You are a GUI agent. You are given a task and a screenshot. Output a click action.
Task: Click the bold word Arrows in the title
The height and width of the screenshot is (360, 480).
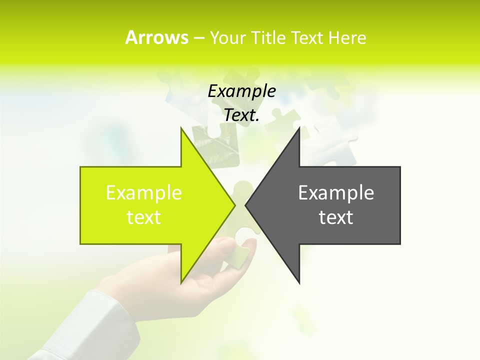tap(156, 37)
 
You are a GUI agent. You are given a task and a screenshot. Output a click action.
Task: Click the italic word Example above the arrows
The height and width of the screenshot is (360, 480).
tap(241, 91)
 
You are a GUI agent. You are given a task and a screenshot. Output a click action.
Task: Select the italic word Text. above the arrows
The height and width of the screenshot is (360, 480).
tap(241, 115)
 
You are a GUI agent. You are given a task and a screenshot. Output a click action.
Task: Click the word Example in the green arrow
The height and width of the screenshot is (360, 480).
tap(144, 192)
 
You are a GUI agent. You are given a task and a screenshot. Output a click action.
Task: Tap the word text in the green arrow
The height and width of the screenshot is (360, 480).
tap(144, 217)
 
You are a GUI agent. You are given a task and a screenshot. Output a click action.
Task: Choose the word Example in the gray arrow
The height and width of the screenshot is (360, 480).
tap(336, 192)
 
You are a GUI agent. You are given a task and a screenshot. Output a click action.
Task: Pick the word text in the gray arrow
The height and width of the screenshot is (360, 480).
tap(336, 217)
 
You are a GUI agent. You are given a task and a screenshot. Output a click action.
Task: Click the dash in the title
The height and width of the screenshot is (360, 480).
tap(198, 38)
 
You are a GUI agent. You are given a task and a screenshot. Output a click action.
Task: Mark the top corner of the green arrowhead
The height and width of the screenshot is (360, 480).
tap(181, 128)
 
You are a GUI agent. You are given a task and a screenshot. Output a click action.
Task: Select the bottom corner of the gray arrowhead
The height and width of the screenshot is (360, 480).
tap(299, 282)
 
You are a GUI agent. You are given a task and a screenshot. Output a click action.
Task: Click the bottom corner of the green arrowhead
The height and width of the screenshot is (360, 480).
tap(181, 282)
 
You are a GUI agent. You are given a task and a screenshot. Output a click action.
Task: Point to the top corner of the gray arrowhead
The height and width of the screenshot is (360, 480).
tap(299, 128)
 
